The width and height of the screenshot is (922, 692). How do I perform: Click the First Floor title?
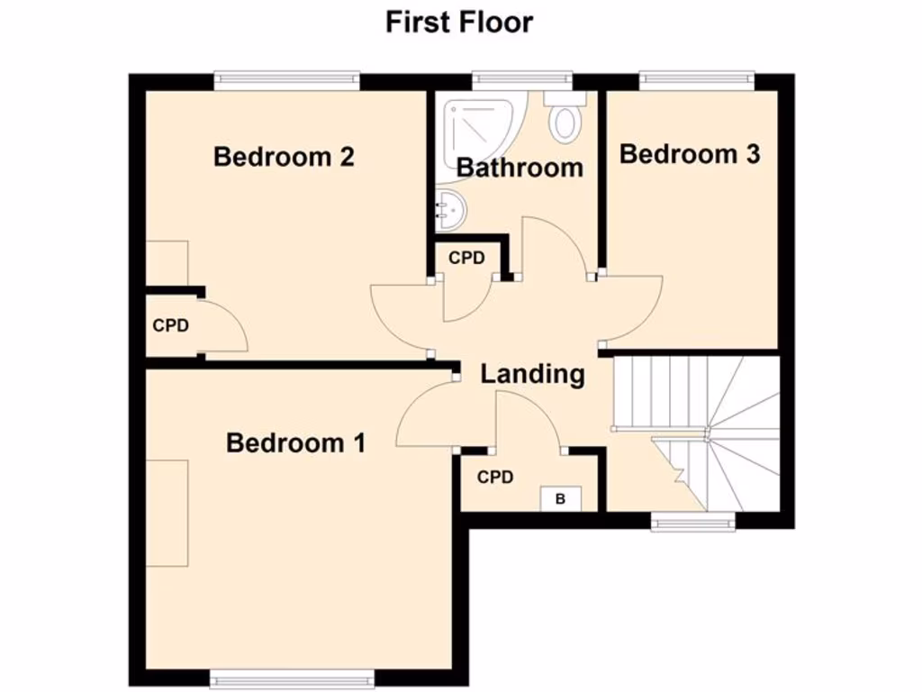click(459, 22)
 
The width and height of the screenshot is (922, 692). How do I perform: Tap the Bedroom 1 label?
click(295, 443)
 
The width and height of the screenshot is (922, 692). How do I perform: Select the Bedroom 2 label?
click(284, 157)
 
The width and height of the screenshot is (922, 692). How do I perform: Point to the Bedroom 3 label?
click(690, 154)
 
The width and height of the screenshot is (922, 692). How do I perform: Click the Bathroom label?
click(520, 168)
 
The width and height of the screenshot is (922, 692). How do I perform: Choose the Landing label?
click(532, 373)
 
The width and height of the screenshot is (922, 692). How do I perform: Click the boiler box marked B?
click(560, 498)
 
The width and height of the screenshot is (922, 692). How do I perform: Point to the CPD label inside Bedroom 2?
click(170, 325)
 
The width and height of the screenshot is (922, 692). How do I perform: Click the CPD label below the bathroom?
click(466, 258)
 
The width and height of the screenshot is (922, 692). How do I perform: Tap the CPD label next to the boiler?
click(495, 477)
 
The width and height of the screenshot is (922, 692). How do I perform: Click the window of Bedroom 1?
click(292, 678)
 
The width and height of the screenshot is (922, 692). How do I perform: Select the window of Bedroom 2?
click(286, 81)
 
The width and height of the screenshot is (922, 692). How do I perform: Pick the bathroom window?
click(523, 81)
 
